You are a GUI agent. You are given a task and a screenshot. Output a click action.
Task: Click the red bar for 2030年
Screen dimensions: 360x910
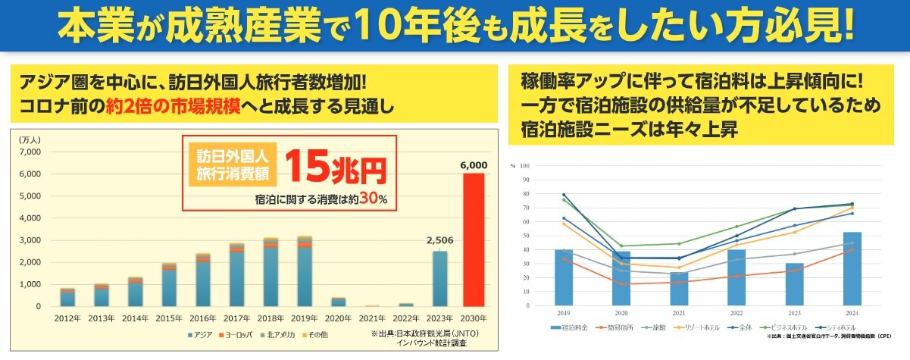[x=473, y=239]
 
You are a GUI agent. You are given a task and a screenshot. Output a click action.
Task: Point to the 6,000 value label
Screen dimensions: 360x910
[x=473, y=166]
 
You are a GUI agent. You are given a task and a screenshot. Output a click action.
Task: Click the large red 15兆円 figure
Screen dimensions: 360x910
[x=336, y=169]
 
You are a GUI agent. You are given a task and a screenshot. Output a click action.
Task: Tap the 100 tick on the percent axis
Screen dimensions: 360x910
[x=524, y=164]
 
